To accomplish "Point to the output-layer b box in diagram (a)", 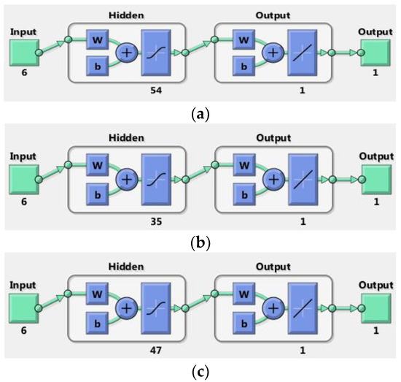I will [243, 65].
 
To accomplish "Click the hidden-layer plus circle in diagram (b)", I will [126, 178].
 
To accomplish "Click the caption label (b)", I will [199, 237].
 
